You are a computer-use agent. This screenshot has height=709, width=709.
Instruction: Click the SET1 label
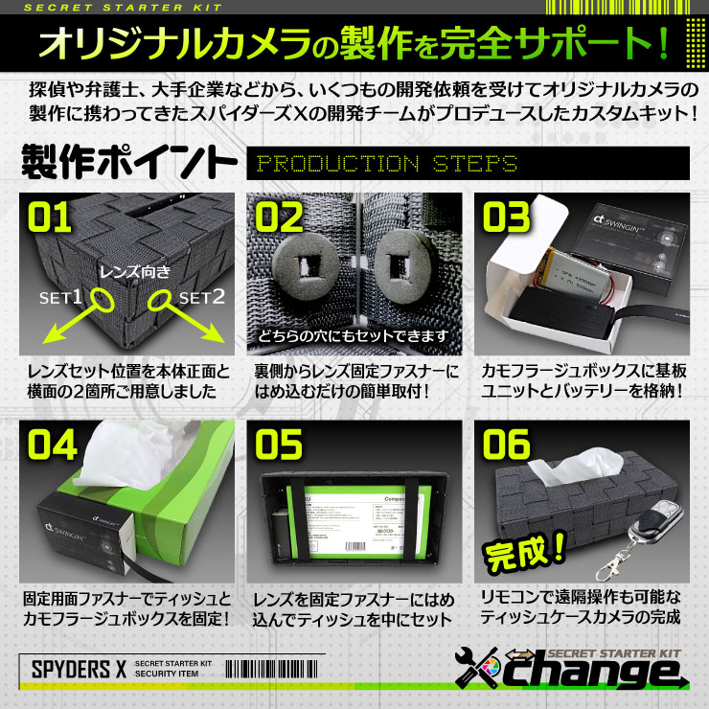pos(59,298)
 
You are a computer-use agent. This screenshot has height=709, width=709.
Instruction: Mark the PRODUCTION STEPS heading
pos(387,164)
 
